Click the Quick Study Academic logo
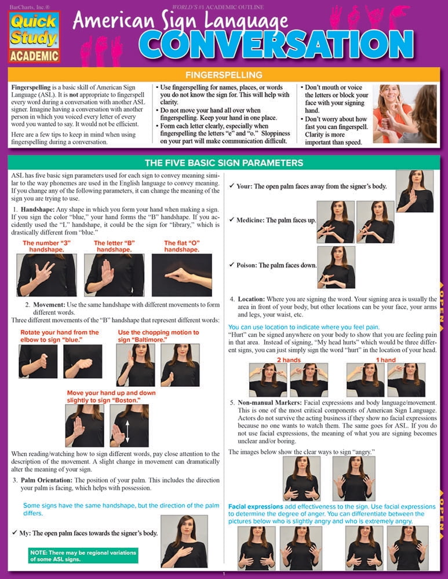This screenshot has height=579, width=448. (x=33, y=36)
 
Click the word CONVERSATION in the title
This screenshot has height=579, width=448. (x=278, y=43)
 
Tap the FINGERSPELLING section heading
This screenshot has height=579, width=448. (x=223, y=75)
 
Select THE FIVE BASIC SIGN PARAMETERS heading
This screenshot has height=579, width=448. (x=223, y=163)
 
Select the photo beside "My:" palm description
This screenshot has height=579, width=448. (x=184, y=541)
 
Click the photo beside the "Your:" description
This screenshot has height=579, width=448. (x=414, y=190)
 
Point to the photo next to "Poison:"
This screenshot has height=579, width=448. (x=336, y=267)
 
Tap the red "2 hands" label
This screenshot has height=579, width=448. (x=287, y=360)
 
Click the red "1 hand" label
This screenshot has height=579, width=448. (x=385, y=360)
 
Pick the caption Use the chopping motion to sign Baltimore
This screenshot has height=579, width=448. (x=158, y=336)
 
